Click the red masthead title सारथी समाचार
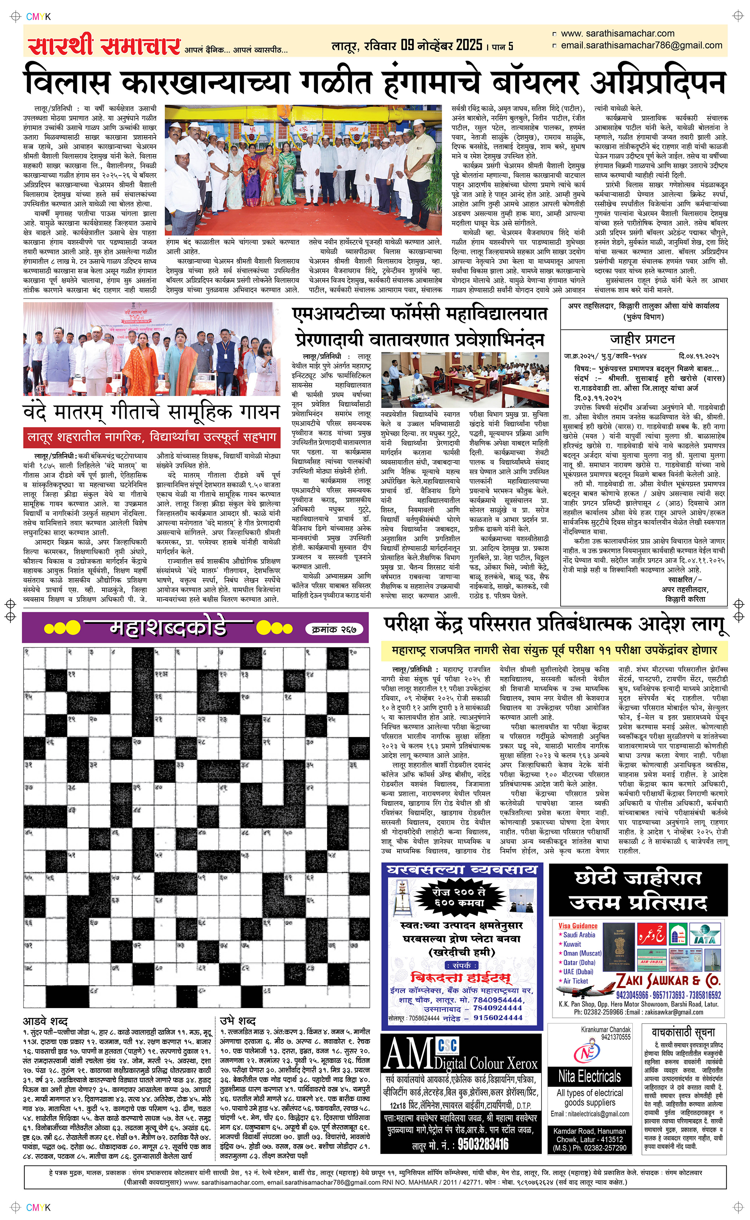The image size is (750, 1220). (104, 46)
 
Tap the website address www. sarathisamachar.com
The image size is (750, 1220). (618, 34)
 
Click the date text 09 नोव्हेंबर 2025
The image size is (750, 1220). (441, 46)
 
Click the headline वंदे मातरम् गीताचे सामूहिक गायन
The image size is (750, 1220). (151, 412)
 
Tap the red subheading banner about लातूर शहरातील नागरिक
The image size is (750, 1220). (151, 437)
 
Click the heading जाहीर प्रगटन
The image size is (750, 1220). (642, 339)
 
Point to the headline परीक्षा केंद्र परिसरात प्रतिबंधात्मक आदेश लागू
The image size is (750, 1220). (555, 625)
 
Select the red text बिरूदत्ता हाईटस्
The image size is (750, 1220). (461, 977)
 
